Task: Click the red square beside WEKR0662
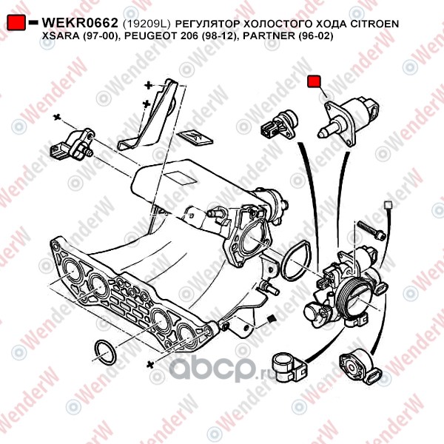18,24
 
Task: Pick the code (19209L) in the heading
145,24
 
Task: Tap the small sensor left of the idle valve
280,122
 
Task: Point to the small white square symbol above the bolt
386,203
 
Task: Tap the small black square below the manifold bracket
270,319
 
